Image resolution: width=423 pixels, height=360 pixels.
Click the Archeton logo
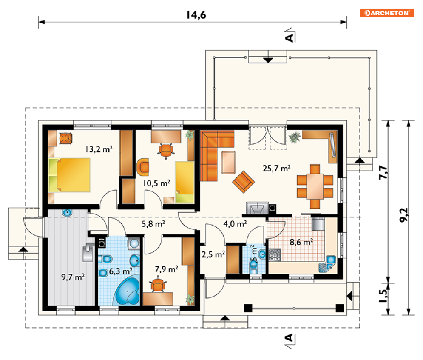[387, 13]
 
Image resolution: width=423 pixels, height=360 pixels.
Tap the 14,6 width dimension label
[196, 15]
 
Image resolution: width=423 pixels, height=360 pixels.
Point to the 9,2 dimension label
[404, 215]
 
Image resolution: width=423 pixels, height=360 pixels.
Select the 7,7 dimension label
[383, 172]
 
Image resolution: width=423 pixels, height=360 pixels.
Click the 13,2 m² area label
[99, 149]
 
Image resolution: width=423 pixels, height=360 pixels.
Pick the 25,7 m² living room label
[276, 168]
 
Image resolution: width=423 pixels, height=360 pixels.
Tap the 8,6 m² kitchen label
[301, 242]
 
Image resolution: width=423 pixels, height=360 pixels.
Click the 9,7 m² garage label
[73, 277]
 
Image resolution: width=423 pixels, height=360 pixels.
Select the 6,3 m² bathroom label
[121, 271]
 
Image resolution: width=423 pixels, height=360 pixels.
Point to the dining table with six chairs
[315, 186]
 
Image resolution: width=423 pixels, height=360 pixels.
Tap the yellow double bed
[69, 175]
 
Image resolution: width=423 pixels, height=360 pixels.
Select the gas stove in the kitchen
[275, 254]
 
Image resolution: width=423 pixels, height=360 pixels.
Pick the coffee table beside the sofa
[228, 162]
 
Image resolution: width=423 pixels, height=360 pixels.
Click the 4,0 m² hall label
[235, 224]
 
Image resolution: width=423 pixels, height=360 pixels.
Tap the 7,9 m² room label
[166, 269]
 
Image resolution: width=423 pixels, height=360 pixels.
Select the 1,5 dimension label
[383, 296]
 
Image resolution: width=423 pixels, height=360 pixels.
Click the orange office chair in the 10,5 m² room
[166, 151]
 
